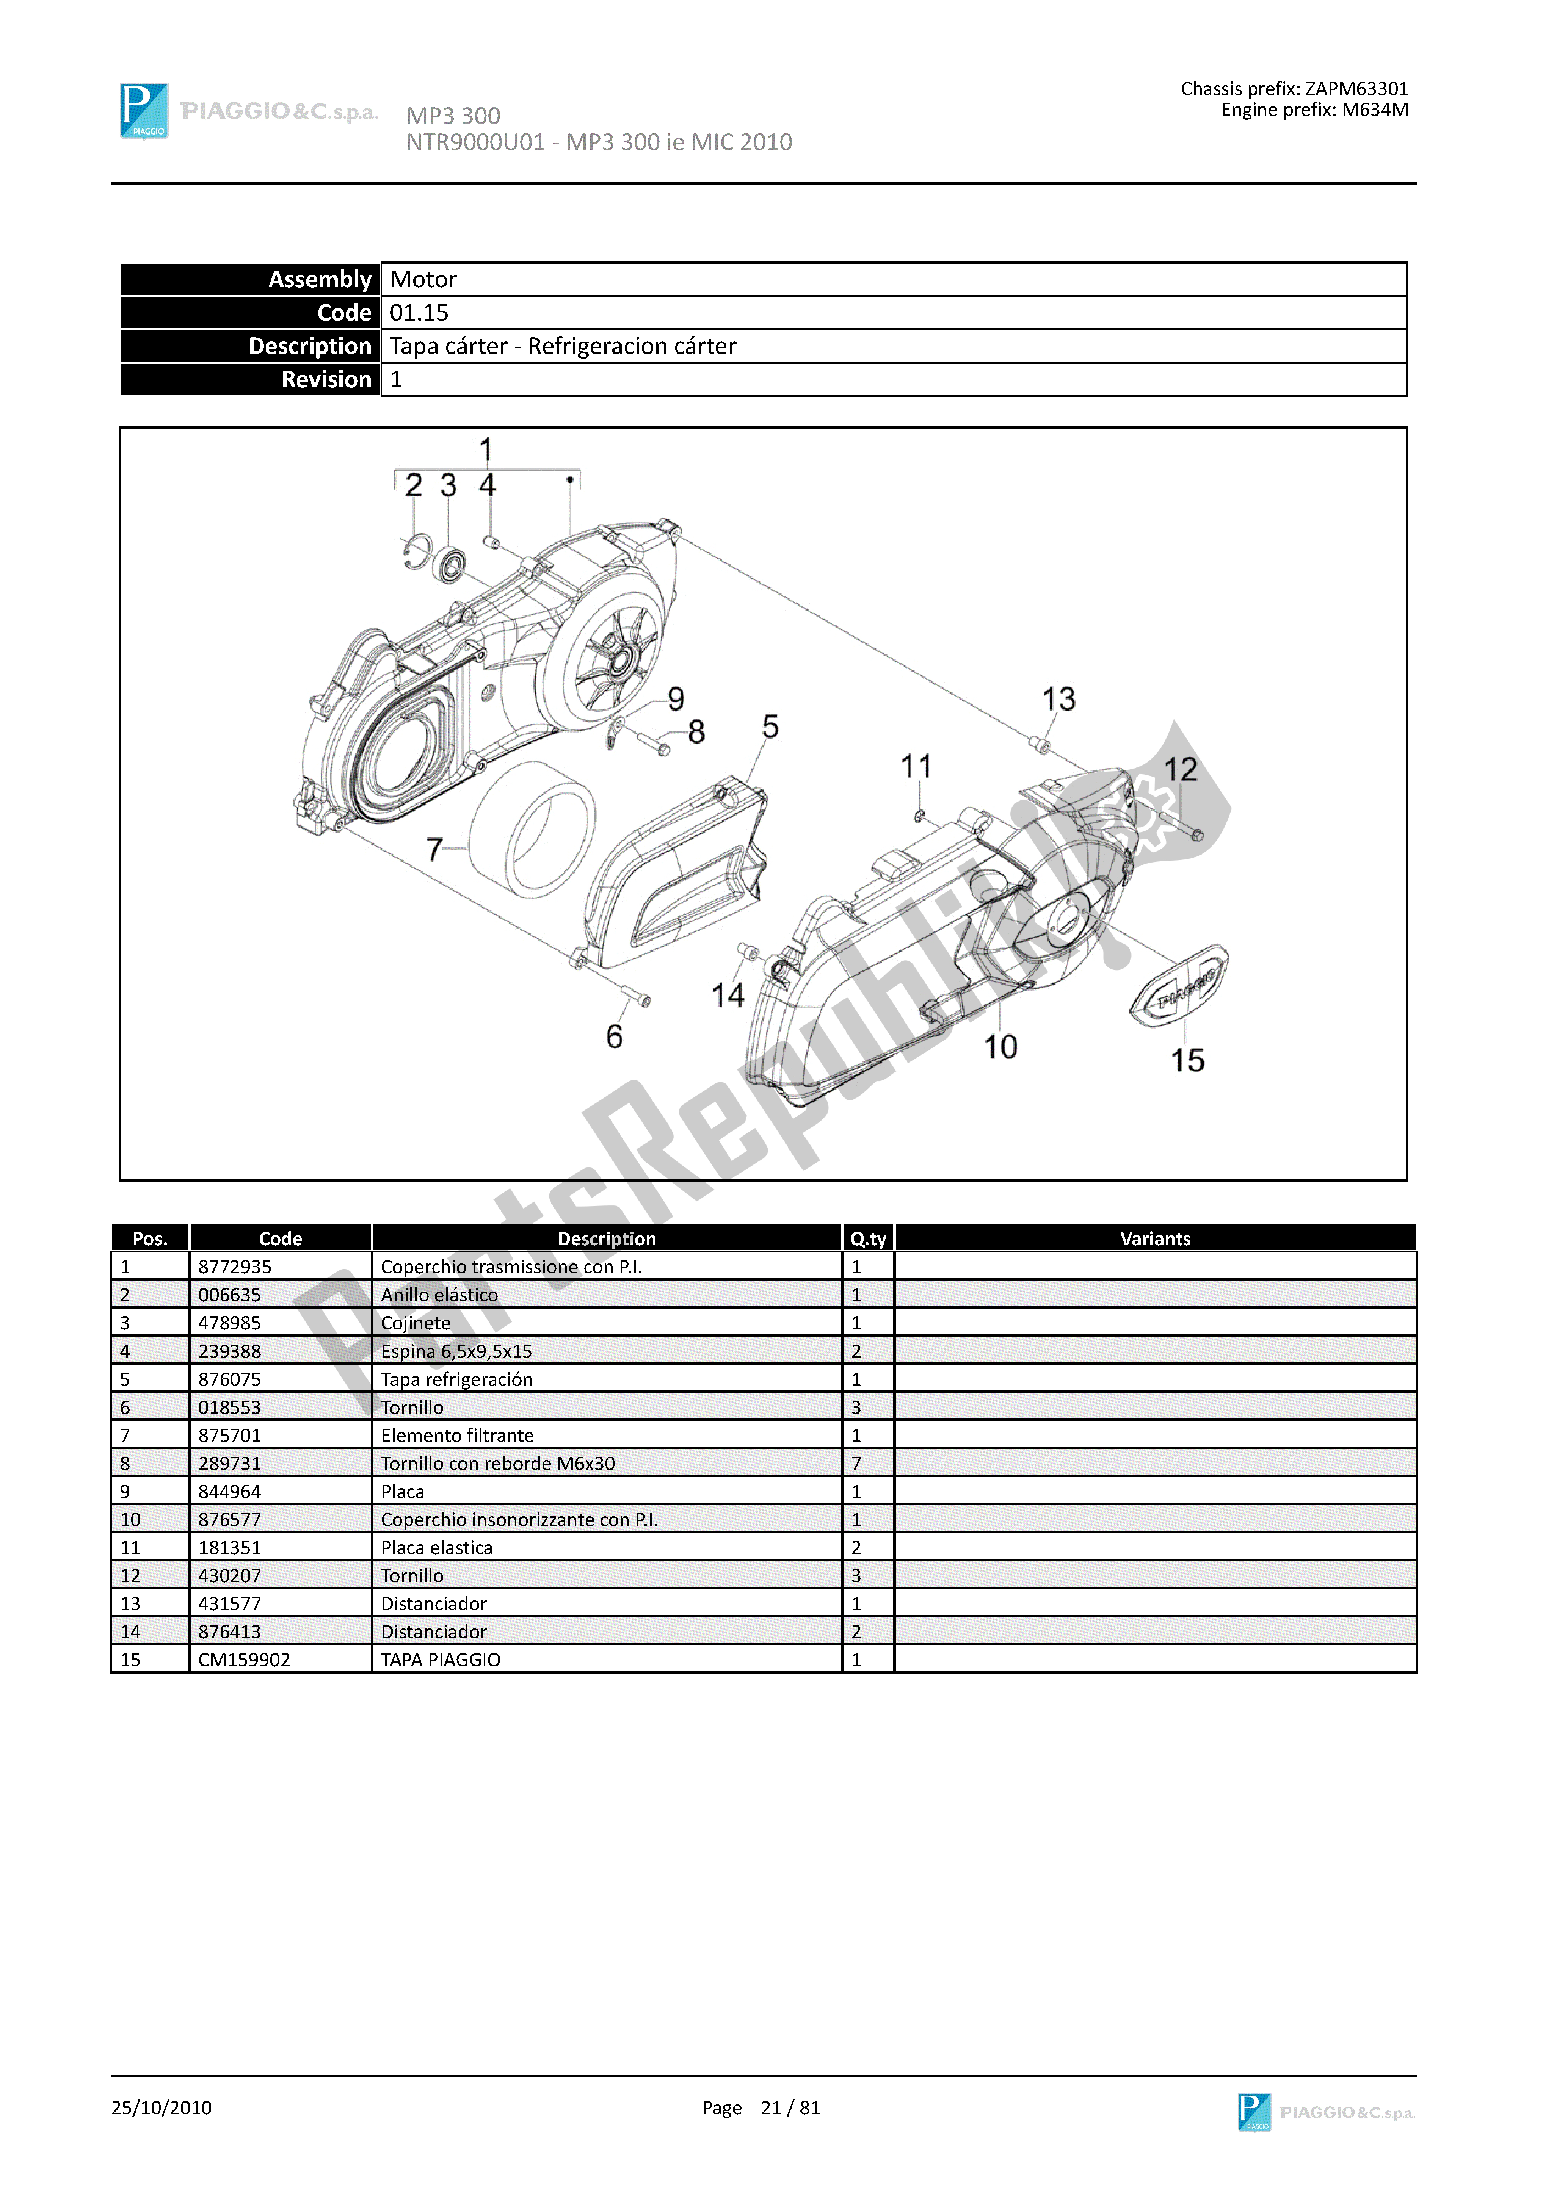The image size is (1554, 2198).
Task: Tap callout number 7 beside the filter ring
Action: [x=435, y=849]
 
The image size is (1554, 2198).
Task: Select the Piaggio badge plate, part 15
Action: [x=1180, y=986]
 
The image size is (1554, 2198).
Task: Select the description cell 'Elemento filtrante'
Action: [x=457, y=1435]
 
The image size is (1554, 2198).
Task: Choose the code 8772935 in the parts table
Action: [x=235, y=1267]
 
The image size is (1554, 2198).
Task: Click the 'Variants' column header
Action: [x=1155, y=1239]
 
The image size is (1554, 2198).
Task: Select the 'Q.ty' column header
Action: [x=867, y=1239]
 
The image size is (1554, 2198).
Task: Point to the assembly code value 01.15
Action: [x=419, y=313]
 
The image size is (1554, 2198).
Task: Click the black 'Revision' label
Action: [x=326, y=380]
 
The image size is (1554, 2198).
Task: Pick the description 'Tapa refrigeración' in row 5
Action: [x=457, y=1379]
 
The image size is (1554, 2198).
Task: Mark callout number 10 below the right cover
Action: [x=1000, y=1046]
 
